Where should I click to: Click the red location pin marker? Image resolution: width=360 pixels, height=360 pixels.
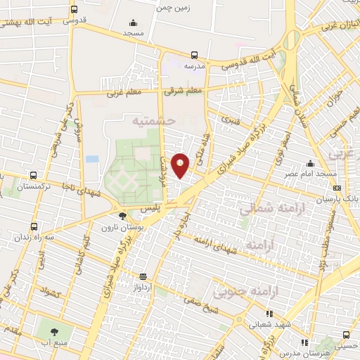[181, 165]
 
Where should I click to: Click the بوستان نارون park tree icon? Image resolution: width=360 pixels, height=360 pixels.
[124, 217]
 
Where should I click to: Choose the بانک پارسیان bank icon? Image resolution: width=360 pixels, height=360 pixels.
[337, 188]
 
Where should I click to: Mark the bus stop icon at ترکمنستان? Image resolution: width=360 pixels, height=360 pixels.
[33, 176]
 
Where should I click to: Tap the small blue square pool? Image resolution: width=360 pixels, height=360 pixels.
[92, 159]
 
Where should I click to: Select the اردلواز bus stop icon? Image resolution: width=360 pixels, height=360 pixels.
[143, 276]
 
